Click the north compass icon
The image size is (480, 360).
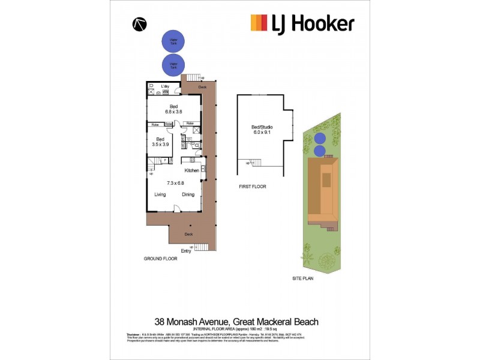click(x=140, y=23)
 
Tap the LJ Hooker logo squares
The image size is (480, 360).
click(x=259, y=23)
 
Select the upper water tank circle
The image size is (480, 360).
click(x=173, y=41)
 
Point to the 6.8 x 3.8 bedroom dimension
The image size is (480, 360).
click(x=173, y=112)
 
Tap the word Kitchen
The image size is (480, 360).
click(x=191, y=170)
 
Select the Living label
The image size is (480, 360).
click(x=160, y=194)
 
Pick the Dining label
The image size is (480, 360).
click(x=188, y=194)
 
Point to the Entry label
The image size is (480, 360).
click(x=186, y=251)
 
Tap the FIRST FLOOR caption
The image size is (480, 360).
click(x=252, y=187)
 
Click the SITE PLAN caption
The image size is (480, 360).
click(x=304, y=278)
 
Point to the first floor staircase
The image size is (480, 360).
click(x=256, y=163)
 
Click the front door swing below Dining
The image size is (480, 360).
click(x=177, y=208)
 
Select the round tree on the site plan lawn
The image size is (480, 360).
click(x=328, y=260)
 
